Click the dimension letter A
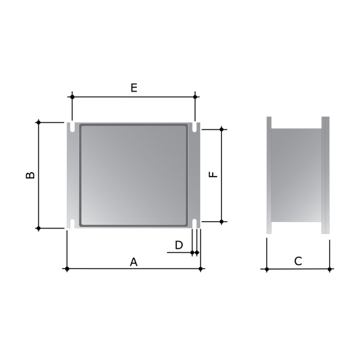pyautogui.click(x=134, y=262)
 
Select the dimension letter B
pyautogui.click(x=30, y=175)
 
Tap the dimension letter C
pyautogui.click(x=298, y=261)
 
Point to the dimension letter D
pyautogui.click(x=179, y=245)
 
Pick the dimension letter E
pyautogui.click(x=134, y=88)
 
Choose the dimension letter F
pyautogui.click(x=213, y=175)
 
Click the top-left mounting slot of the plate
pyautogui.click(x=72, y=127)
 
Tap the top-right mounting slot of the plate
pyautogui.click(x=194, y=127)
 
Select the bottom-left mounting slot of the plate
pyautogui.click(x=72, y=224)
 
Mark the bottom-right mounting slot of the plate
pyautogui.click(x=194, y=224)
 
